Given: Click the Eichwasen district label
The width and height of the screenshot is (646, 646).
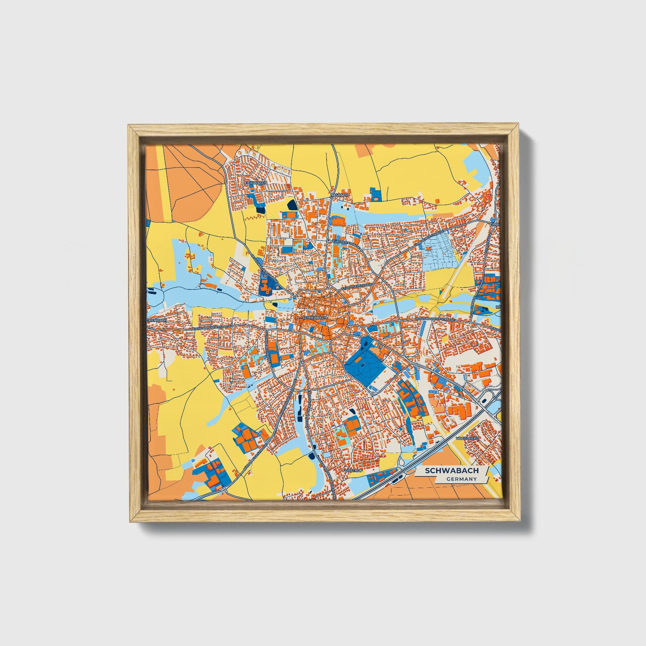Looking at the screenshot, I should tap(256, 183).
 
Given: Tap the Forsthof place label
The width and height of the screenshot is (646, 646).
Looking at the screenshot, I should tap(351, 470).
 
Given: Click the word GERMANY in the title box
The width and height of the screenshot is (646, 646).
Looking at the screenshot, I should tap(461, 479).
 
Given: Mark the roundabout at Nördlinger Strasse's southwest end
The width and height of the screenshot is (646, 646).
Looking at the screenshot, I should tap(223, 489).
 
